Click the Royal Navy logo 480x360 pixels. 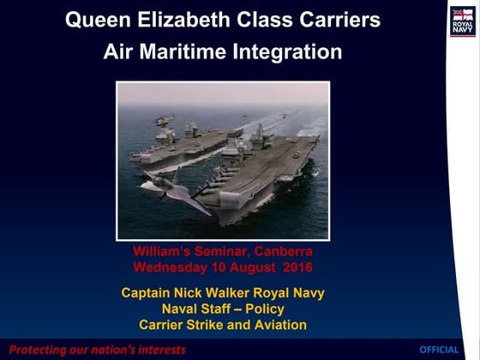[462, 21]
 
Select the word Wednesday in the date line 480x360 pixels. [175, 267]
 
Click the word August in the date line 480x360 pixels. [250, 267]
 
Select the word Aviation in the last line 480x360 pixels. [277, 324]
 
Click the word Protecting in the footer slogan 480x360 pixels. [39, 350]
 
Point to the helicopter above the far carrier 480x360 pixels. [164, 119]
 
